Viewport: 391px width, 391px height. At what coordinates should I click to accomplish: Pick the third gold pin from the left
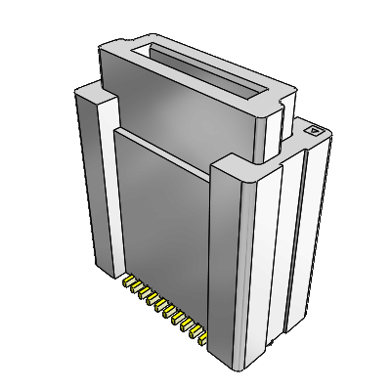click(148, 299)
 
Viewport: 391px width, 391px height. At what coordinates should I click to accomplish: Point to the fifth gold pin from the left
click(165, 312)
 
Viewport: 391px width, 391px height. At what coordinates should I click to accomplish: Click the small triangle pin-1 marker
click(315, 128)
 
